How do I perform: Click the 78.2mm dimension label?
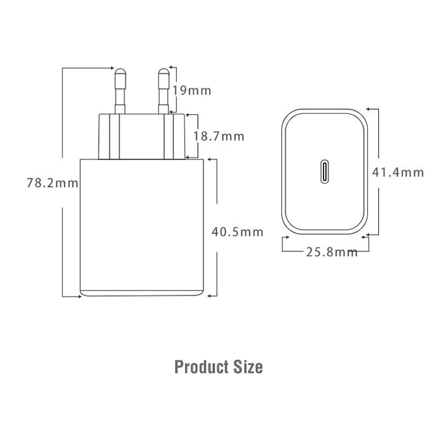pyautogui.click(x=53, y=183)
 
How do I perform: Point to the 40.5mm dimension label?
pyautogui.click(x=237, y=232)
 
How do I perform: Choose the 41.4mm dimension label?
pyautogui.click(x=398, y=172)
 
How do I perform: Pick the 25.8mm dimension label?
pyautogui.click(x=331, y=252)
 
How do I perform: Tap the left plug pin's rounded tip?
pyautogui.click(x=119, y=72)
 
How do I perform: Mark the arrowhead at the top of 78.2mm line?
pyautogui.click(x=111, y=68)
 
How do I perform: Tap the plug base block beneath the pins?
pyautogui.click(x=141, y=136)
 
